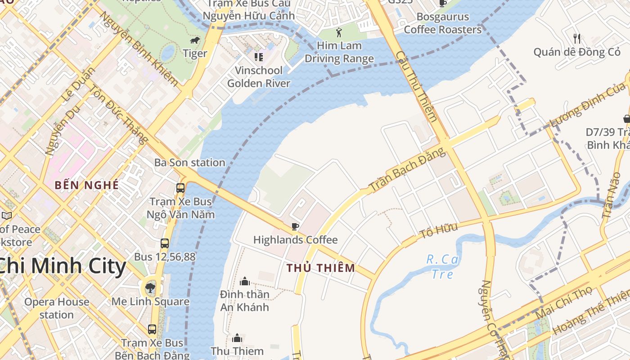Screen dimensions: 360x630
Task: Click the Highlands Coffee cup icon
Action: tap(295, 226)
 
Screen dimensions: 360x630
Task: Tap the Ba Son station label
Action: tap(189, 162)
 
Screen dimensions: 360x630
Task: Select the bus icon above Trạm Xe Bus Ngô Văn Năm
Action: tap(180, 188)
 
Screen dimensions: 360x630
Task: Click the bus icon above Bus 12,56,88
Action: tap(165, 243)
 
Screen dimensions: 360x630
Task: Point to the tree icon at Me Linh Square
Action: tap(150, 288)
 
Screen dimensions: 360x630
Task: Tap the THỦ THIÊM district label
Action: tap(321, 268)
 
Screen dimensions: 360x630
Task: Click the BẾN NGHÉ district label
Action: tap(87, 185)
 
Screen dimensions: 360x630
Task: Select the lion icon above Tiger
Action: tap(195, 41)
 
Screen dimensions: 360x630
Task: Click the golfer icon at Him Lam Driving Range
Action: tap(339, 32)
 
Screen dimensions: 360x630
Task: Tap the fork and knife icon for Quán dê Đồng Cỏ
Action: tap(577, 38)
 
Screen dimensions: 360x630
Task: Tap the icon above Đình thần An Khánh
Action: tap(245, 281)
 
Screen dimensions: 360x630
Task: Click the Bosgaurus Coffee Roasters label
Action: tap(442, 23)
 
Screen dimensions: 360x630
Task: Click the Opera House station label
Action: tap(57, 308)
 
